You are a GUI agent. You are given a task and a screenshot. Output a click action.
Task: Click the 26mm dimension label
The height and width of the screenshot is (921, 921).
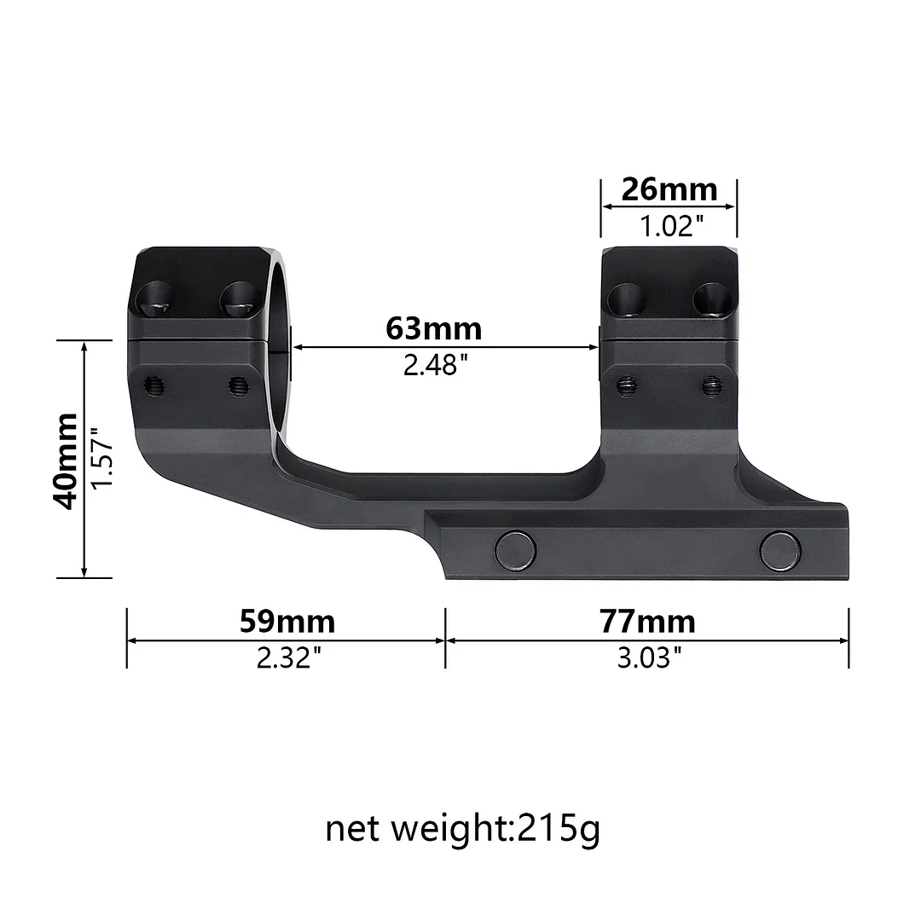[669, 188]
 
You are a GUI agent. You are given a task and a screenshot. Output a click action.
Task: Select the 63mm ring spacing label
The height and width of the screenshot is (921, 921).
[433, 327]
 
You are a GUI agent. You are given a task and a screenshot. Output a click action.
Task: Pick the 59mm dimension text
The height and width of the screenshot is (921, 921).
[287, 622]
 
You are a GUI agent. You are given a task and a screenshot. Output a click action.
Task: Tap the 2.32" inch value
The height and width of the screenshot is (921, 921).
[289, 657]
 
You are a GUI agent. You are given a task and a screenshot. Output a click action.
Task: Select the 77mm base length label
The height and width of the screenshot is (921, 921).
[646, 622]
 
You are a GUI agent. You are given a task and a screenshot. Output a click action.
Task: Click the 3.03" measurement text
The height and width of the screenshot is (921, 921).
[649, 657]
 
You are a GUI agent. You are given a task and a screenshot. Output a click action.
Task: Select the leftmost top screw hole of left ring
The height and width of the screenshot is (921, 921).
[157, 298]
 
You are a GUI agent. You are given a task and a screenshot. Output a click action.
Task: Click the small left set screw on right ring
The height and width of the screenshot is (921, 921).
[628, 386]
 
